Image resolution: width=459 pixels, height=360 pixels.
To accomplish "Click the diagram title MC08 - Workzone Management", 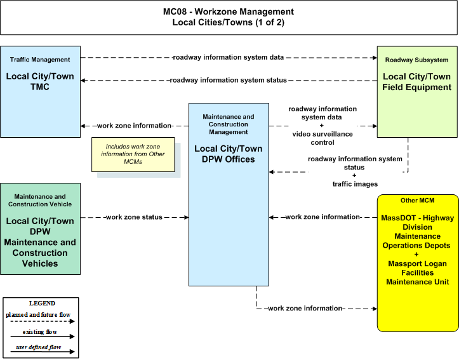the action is pos(229,11).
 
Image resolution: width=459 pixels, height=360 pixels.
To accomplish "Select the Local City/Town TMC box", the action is pos(41,91).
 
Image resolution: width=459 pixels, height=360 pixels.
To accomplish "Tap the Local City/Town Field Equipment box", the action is pos(417,91).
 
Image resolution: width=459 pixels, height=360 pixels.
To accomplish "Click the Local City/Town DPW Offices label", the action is pos(229,154).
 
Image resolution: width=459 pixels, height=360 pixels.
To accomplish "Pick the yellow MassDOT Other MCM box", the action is pos(418,263).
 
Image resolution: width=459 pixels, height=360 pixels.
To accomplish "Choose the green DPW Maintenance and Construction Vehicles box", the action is pos(41,229).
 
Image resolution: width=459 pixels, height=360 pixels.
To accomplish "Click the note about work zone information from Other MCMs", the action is pos(133,154).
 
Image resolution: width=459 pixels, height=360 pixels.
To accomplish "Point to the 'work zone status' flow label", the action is pos(134,217).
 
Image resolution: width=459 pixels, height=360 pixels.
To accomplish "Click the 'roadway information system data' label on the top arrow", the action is pos(229,57).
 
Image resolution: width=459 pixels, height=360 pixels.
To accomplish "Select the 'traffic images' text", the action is pos(355,184).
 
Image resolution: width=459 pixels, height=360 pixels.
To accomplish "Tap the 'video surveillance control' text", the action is pos(323,138).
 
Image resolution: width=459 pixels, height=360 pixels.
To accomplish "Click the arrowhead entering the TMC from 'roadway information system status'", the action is pos(83,80).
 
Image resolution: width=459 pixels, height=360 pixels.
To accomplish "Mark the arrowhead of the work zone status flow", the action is pos(187,218).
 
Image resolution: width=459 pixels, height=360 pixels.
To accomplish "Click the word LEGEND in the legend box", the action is pos(42,303).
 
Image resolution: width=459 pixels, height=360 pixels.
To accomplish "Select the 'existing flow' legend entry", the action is pos(40,332).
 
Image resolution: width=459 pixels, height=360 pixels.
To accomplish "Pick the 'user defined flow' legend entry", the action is pos(38,347).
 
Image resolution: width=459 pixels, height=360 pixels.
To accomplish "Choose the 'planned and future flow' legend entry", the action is pos(38,315).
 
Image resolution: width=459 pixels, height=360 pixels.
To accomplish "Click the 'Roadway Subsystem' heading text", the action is pos(417,60).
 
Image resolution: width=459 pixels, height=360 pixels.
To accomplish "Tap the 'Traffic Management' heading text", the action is pos(40,60).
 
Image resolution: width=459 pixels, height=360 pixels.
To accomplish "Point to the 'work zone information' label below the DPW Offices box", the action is pos(305,309).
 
